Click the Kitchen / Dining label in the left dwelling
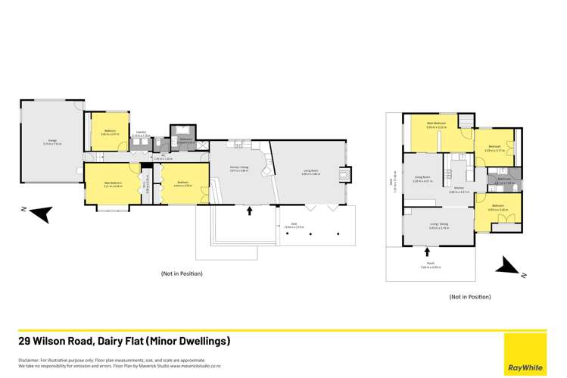pyautogui.click(x=238, y=172)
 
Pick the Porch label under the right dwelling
pyautogui.click(x=429, y=264)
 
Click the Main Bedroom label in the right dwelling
pyautogui.click(x=435, y=124)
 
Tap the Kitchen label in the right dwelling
pyautogui.click(x=460, y=190)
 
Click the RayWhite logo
pyautogui.click(x=525, y=367)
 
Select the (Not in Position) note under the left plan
pyautogui.click(x=182, y=273)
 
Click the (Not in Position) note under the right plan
pyautogui.click(x=470, y=297)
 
